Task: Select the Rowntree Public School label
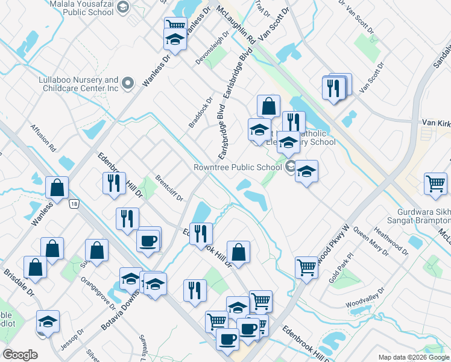(x=238, y=168)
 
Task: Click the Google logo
(x=20, y=354)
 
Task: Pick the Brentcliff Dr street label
(x=169, y=189)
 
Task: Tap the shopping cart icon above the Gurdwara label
(x=435, y=183)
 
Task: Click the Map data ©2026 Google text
(x=413, y=357)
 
